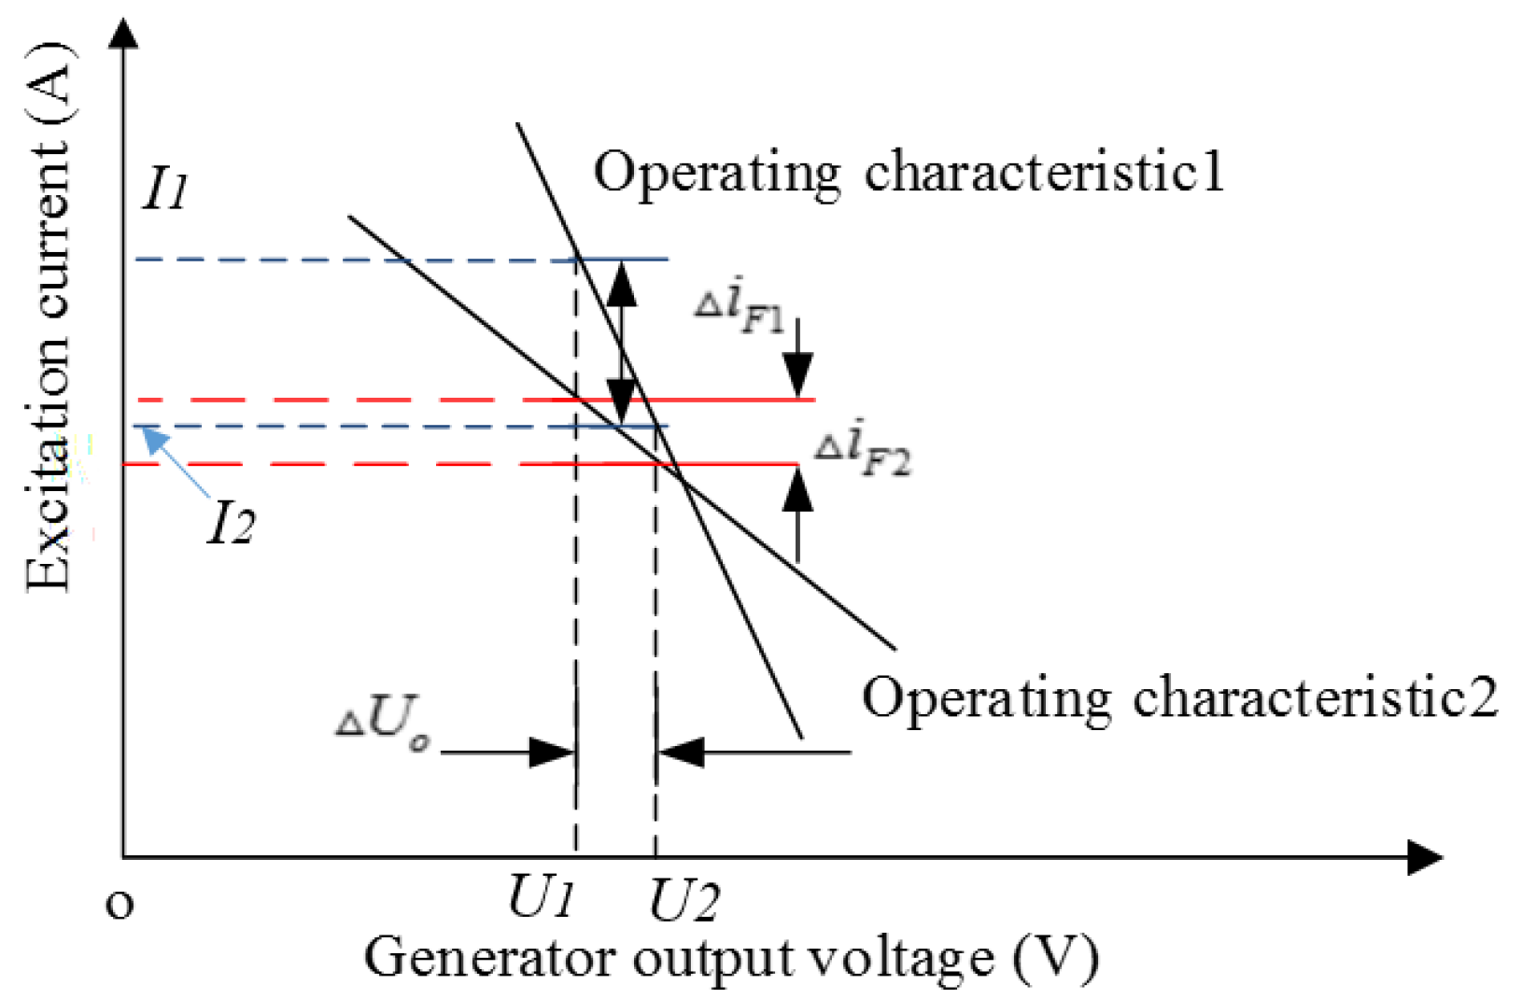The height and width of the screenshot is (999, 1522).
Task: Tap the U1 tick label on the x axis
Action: (x=540, y=899)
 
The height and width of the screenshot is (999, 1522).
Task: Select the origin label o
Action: (x=120, y=904)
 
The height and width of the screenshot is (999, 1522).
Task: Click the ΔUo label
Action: (x=384, y=723)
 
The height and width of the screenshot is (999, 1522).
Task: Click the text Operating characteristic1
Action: (x=908, y=172)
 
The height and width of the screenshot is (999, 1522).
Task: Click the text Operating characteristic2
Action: (x=1178, y=697)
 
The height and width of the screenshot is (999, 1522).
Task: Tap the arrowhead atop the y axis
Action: (x=123, y=33)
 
